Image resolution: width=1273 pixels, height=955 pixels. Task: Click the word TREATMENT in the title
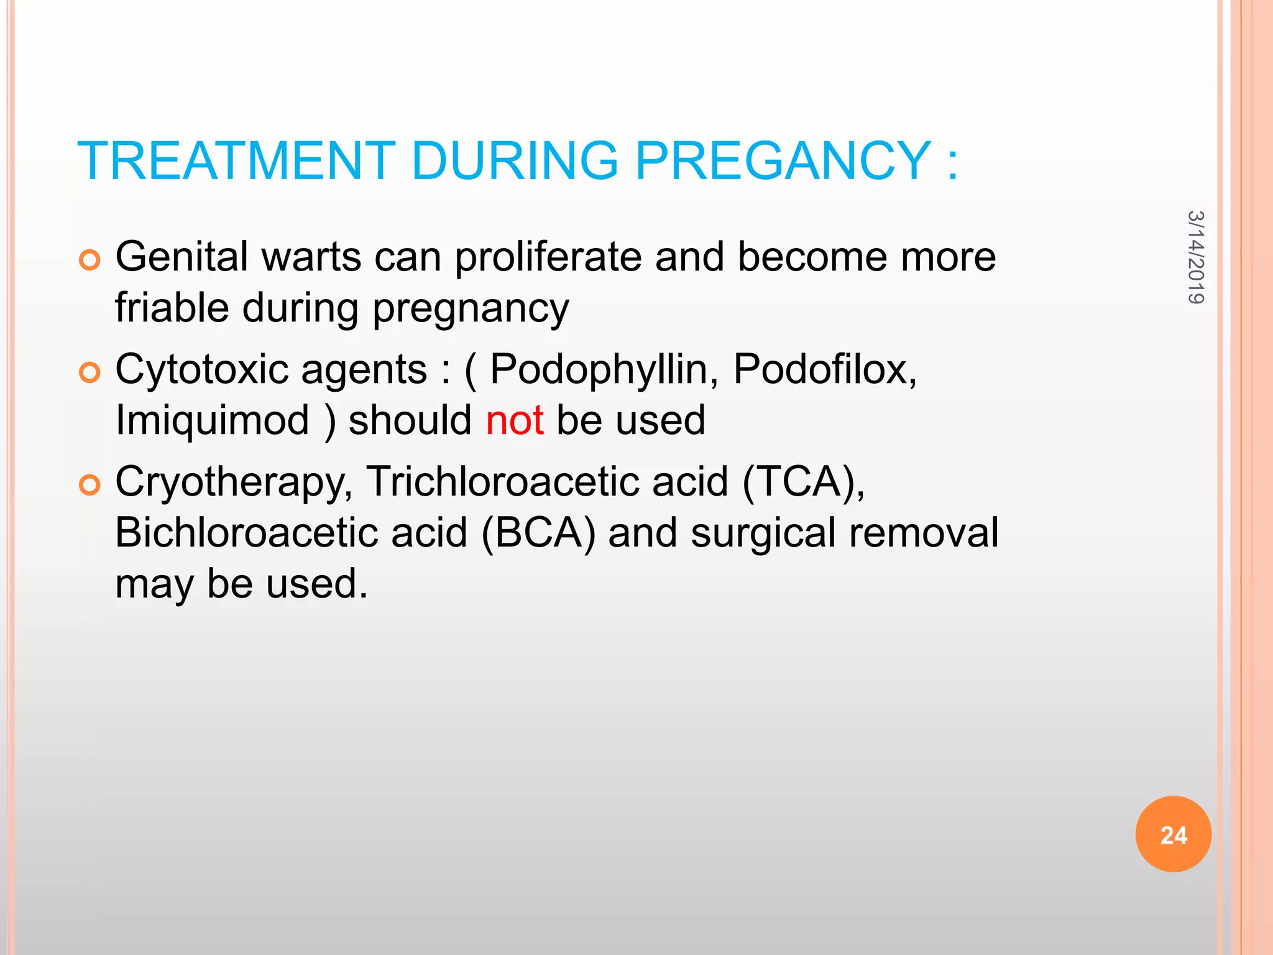click(x=236, y=161)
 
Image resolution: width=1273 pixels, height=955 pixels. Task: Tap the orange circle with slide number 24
click(x=1173, y=834)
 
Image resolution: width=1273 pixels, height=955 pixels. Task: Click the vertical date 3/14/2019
click(x=1195, y=257)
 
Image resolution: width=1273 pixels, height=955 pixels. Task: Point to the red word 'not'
click(x=515, y=420)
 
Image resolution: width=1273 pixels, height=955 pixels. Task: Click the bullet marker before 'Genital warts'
click(x=90, y=260)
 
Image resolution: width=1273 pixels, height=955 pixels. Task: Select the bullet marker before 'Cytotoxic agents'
click(x=90, y=372)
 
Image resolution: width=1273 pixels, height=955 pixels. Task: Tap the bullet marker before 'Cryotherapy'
click(x=90, y=485)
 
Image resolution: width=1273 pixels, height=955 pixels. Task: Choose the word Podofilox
click(x=824, y=369)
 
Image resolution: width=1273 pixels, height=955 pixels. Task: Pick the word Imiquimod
click(x=213, y=420)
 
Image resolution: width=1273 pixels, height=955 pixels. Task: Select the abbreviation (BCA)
click(x=538, y=533)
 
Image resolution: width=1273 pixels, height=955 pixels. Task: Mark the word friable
click(x=172, y=308)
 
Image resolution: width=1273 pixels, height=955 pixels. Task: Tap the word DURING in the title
click(x=514, y=161)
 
